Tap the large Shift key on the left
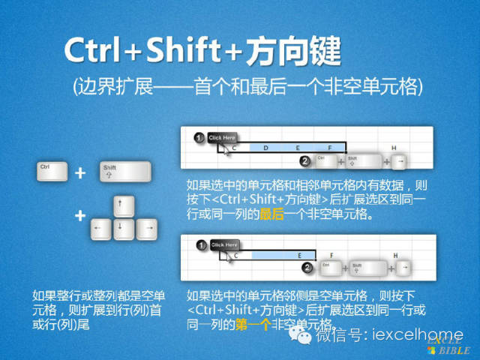pos(115,172)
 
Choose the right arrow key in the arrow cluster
pos(148,226)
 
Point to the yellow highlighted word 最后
pos(271,214)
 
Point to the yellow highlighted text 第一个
pos(256,324)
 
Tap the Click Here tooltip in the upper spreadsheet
pos(222,138)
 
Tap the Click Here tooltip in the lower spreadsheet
pos(223,244)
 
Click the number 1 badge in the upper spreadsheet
pos(199,138)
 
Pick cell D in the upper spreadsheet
pos(266,148)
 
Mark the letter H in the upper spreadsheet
pos(394,148)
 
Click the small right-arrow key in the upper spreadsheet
pos(400,161)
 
